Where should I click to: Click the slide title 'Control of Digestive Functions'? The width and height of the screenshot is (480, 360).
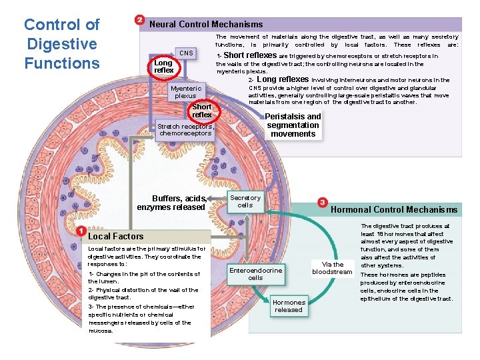61,44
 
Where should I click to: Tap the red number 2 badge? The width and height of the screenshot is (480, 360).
139,21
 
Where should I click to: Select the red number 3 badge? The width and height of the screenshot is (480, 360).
323,202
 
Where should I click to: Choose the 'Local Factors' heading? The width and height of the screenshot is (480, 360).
116,236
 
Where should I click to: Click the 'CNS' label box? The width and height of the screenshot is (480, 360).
187,53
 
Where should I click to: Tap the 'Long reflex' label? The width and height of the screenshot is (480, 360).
163,67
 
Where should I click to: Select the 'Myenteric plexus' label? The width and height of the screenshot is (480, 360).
186,92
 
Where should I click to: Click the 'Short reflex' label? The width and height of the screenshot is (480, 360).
201,111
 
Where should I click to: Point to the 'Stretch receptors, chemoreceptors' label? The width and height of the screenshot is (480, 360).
185,129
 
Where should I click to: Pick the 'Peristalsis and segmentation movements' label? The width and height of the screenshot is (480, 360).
293,125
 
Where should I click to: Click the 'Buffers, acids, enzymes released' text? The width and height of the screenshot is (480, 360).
171,203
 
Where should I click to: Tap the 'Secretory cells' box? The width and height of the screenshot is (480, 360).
245,201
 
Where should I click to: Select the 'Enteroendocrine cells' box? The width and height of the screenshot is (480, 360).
256,273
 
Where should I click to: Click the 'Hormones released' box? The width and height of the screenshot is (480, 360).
289,306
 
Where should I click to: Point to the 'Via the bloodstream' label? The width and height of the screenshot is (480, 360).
332,268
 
